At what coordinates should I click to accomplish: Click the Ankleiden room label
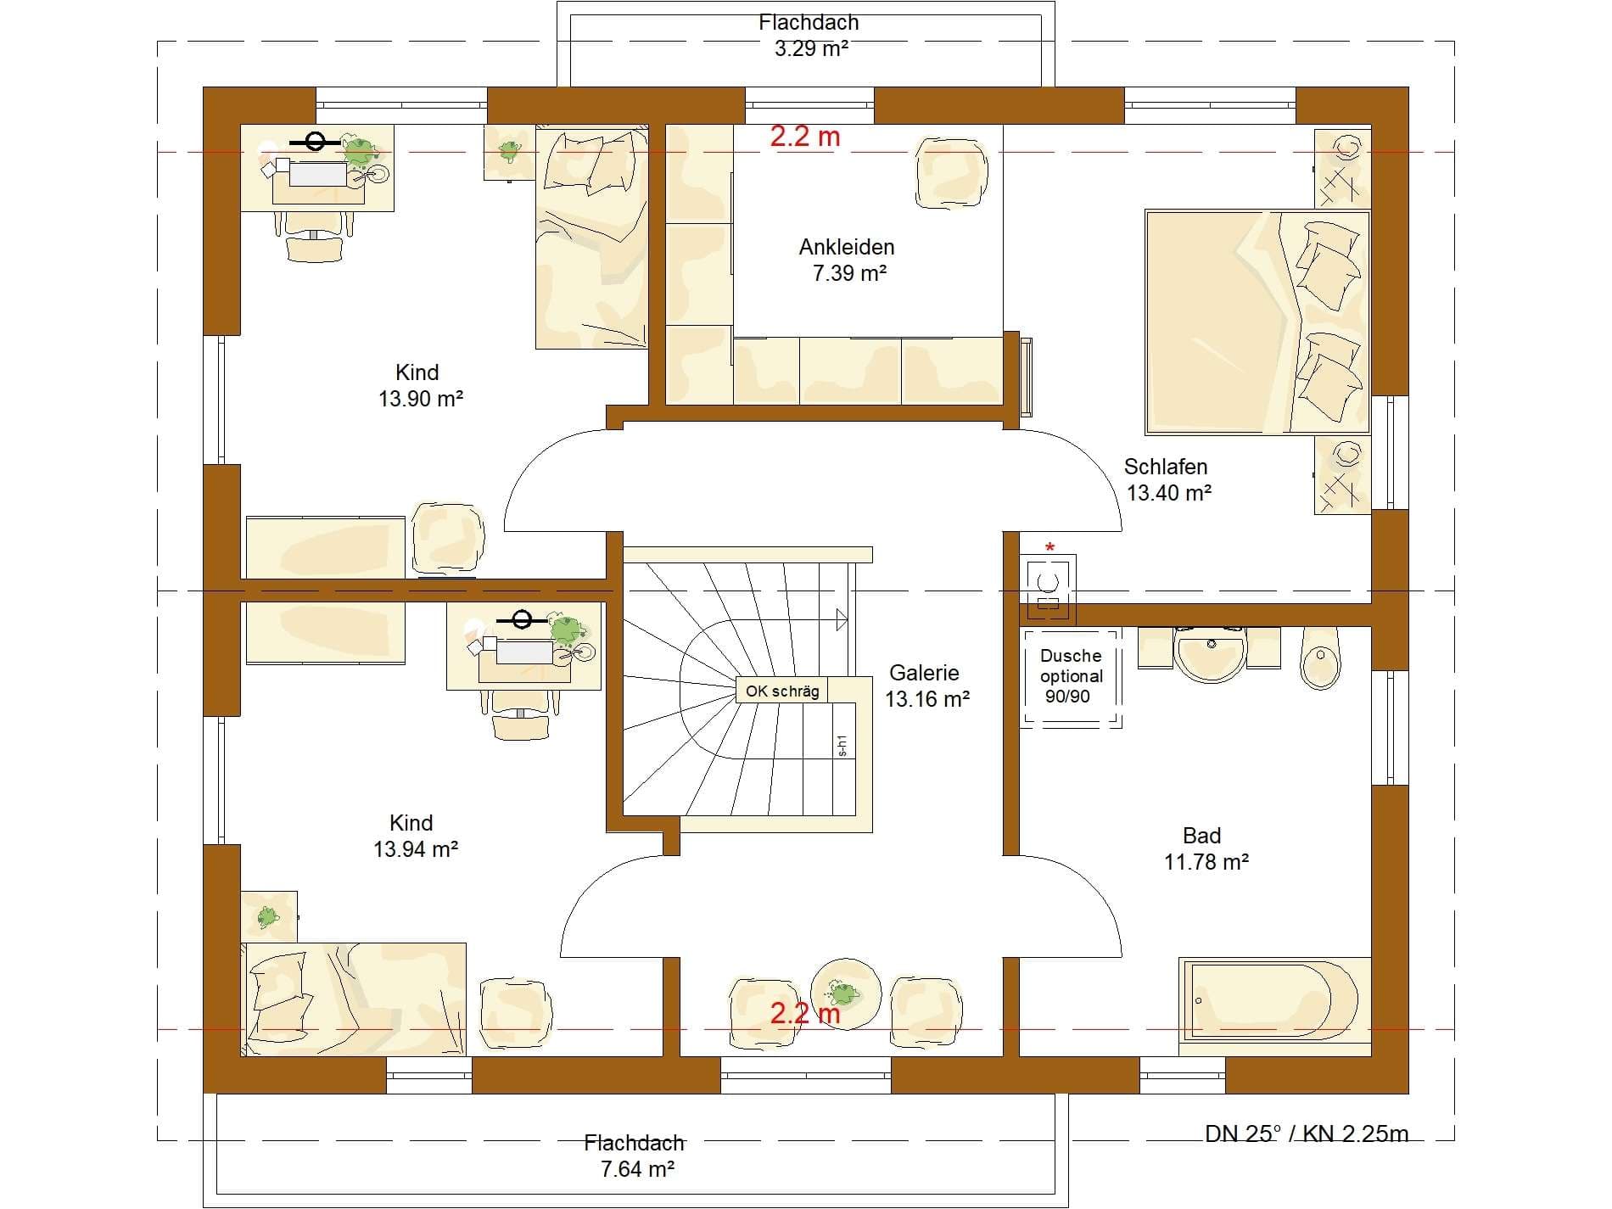coord(847,247)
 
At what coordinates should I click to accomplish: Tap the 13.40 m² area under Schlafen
coord(1169,492)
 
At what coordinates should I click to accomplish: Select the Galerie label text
coord(924,673)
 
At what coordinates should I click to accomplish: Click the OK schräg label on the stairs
coord(782,691)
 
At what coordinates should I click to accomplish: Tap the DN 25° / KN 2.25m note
coord(1307,1133)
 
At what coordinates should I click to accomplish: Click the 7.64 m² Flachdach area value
coord(637,1169)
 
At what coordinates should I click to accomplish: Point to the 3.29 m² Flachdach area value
coord(811,48)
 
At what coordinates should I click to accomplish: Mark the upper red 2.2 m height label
coord(805,137)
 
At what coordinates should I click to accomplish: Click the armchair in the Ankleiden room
coord(951,172)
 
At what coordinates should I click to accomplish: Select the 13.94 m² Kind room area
coord(416,848)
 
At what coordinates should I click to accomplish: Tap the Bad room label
coord(1201,836)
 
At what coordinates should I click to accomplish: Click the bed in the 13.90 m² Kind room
coord(591,238)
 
